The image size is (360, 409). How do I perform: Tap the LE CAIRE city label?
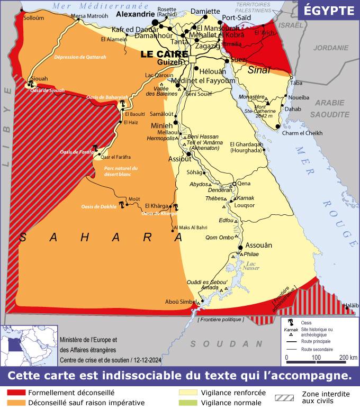(x=165, y=54)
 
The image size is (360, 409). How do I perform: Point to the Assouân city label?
(x=259, y=245)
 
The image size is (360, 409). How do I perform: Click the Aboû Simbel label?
(x=179, y=302)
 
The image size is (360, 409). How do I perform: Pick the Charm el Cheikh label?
(x=302, y=133)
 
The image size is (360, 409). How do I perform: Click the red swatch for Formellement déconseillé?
(x=15, y=393)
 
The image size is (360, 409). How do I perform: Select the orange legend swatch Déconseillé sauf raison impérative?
(x=15, y=403)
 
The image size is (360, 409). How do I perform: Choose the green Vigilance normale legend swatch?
(x=188, y=403)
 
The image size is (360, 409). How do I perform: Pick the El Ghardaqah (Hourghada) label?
(x=246, y=147)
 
